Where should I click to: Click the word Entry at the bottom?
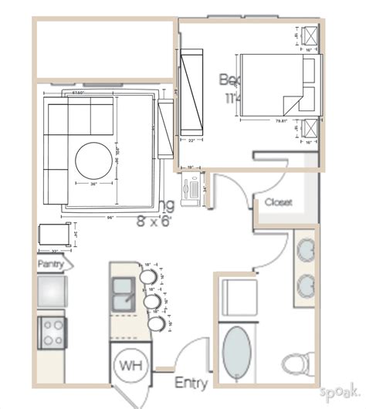(x=191, y=383)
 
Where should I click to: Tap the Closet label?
(x=278, y=202)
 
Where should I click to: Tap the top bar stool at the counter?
(x=151, y=273)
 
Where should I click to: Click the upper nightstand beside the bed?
(x=310, y=36)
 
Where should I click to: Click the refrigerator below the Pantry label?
(x=53, y=293)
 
